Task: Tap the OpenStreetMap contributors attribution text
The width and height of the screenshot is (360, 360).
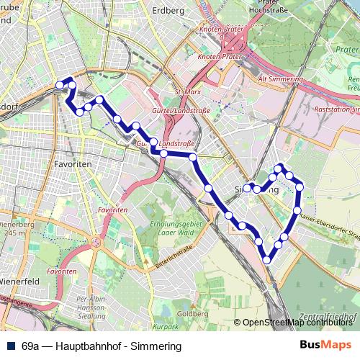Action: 298,322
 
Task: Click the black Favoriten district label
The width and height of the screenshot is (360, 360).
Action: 71,164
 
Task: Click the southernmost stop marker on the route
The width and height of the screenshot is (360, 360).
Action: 267,260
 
